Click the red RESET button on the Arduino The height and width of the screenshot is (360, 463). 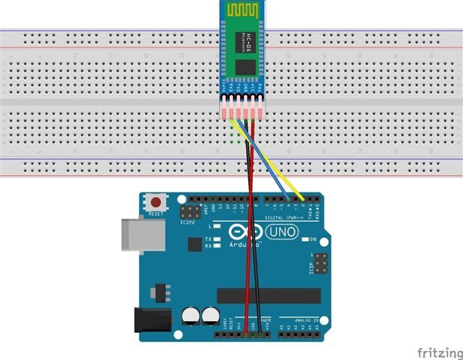click(156, 201)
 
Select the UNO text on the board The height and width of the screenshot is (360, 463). click(282, 233)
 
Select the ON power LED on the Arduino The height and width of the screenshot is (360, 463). click(304, 240)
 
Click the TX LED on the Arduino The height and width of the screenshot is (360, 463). click(217, 240)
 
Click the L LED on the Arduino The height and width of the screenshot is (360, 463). click(217, 225)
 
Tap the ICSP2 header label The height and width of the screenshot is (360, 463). click(188, 222)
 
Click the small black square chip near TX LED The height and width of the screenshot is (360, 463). click(193, 244)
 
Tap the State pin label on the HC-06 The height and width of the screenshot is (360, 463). click(224, 88)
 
